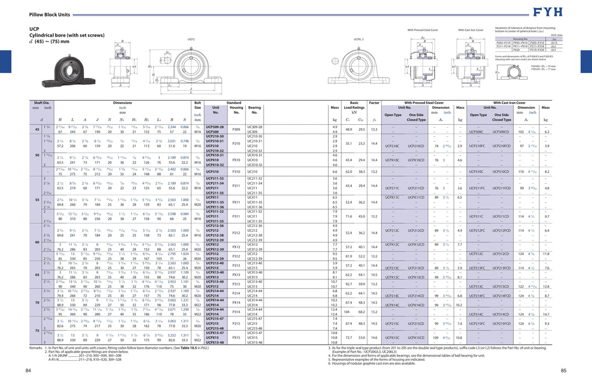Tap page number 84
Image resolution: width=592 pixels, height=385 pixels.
[x=28, y=371]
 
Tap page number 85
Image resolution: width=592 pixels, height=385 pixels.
[x=564, y=371]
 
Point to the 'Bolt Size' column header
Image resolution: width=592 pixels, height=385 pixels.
[x=197, y=105]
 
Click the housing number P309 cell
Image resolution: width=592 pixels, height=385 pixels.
[x=236, y=129]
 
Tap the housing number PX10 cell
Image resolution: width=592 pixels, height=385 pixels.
[x=236, y=160]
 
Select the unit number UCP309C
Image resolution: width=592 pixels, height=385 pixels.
[x=476, y=132]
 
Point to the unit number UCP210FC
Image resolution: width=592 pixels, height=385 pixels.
[x=476, y=146]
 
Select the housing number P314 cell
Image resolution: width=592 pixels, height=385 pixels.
[x=236, y=312]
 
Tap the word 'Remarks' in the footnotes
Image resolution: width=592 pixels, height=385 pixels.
[x=36, y=348]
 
